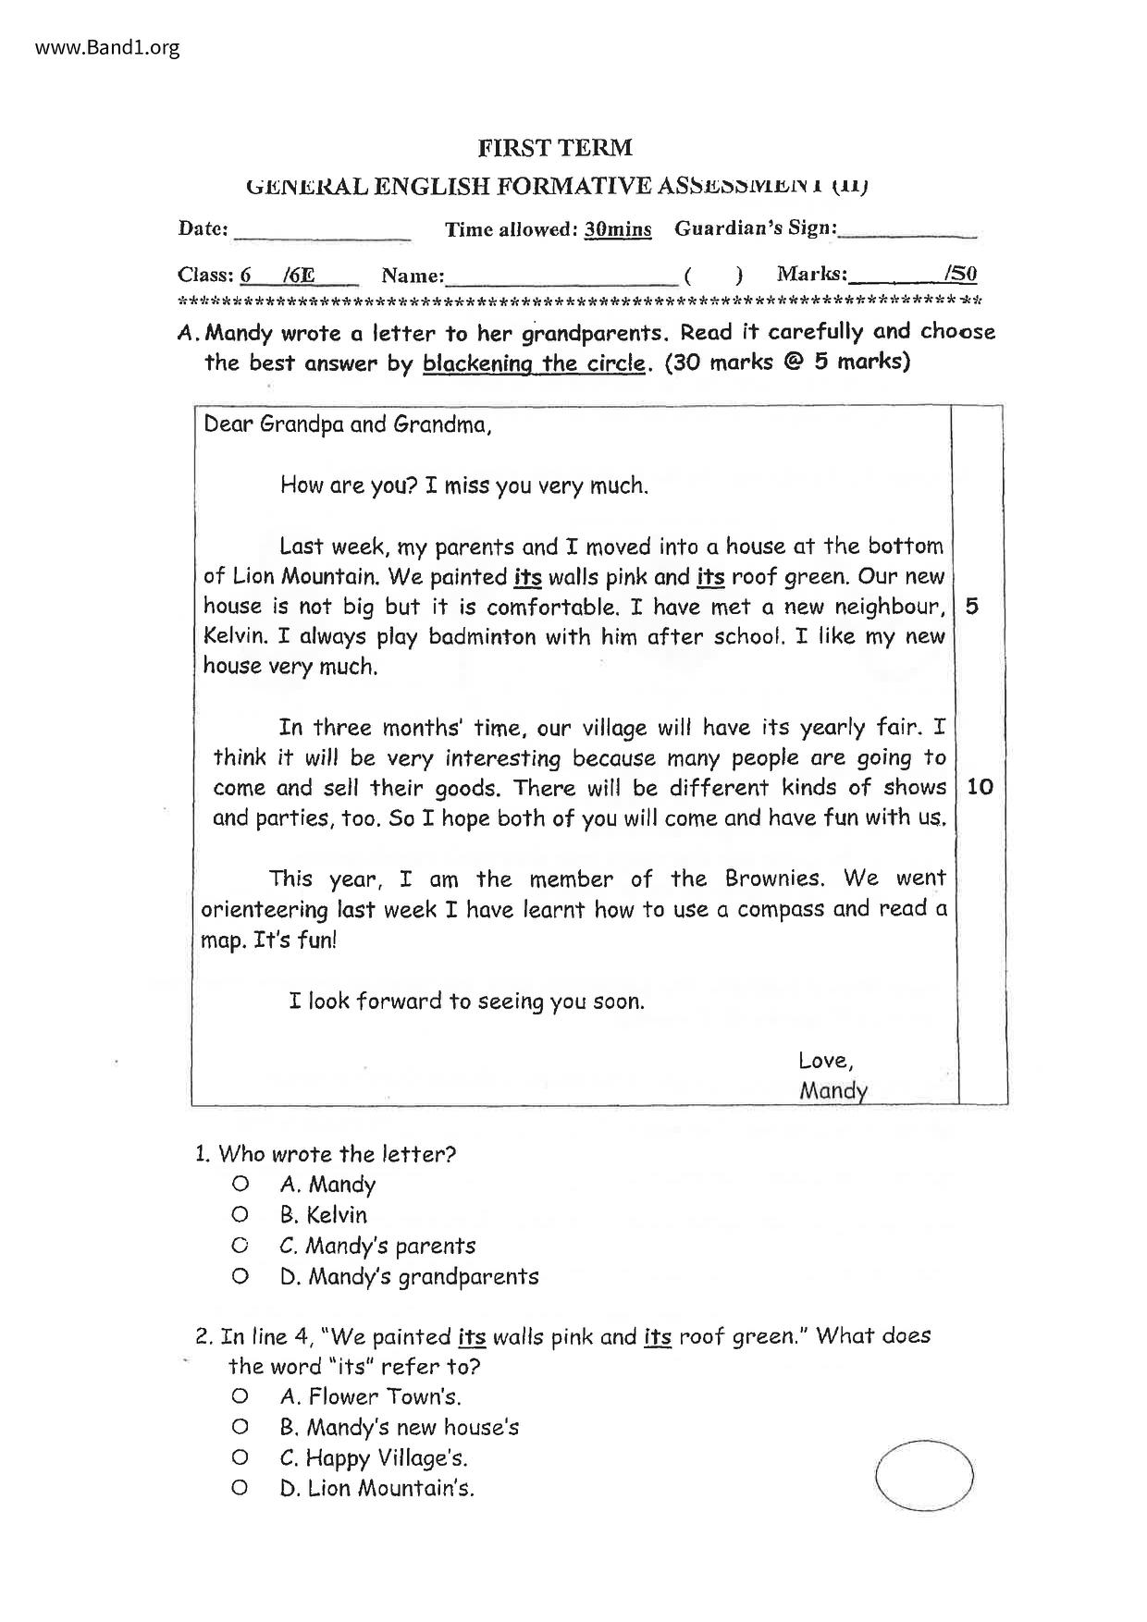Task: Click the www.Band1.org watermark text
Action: coord(107,48)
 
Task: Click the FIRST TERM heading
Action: coord(555,148)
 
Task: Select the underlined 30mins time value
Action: coord(617,229)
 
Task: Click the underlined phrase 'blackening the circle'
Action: coord(534,362)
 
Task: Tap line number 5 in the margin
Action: coord(971,607)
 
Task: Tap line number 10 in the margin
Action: coord(979,787)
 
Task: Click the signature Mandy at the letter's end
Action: coord(832,1091)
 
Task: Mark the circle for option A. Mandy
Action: coord(240,1184)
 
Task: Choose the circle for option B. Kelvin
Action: coord(240,1214)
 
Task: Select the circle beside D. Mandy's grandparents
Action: coord(240,1276)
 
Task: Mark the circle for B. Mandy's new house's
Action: coord(240,1427)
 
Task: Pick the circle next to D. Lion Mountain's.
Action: coord(240,1488)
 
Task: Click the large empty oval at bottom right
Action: coord(923,1476)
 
